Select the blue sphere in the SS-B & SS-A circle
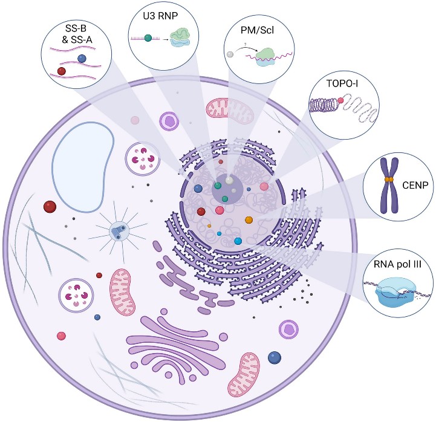(x=82, y=58)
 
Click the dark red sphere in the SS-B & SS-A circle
(x=62, y=71)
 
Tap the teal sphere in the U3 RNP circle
(x=148, y=38)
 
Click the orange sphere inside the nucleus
(x=249, y=220)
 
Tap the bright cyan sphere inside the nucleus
(x=238, y=241)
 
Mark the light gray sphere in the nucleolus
(x=229, y=180)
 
